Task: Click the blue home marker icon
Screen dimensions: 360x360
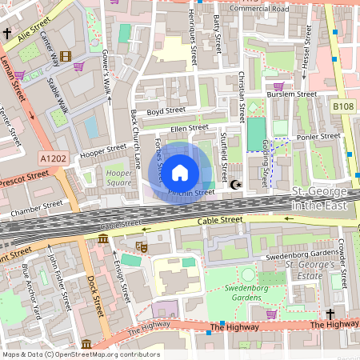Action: click(180, 172)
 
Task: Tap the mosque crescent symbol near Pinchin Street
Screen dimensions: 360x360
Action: click(234, 186)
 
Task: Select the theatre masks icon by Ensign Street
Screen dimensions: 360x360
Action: click(142, 248)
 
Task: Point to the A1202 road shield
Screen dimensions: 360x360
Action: click(54, 159)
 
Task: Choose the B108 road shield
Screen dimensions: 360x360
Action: click(343, 106)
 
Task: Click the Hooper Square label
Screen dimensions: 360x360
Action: click(118, 177)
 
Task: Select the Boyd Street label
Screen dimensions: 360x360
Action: click(166, 110)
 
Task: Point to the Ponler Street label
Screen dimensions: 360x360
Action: click(314, 136)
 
